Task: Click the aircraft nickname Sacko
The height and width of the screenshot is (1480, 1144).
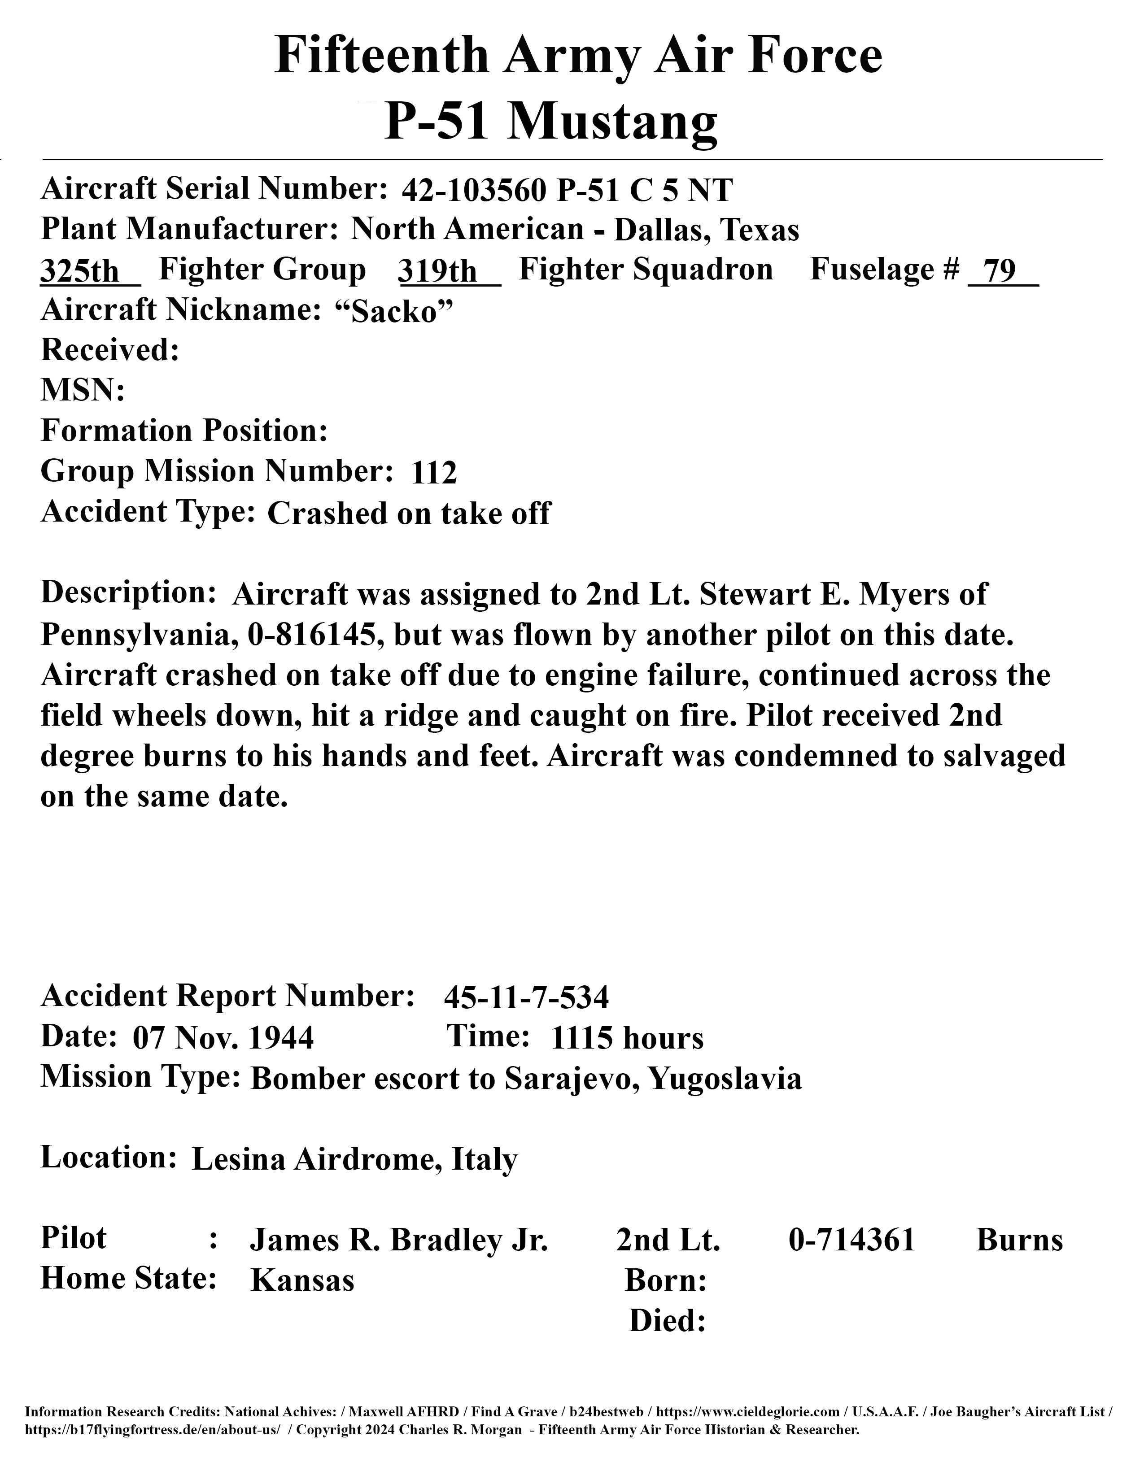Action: (394, 312)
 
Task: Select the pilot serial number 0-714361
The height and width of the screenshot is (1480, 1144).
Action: (852, 1240)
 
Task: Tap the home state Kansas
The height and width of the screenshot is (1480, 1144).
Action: (302, 1281)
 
